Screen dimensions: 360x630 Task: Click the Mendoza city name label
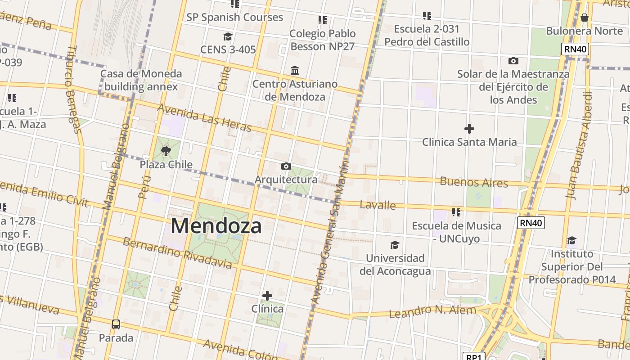216,226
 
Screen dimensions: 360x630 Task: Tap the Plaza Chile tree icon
166,151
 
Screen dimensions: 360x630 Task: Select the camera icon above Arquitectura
286,166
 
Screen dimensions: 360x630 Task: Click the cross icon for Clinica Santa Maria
469,129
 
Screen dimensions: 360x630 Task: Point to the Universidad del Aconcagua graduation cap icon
395,245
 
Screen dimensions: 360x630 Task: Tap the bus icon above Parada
116,324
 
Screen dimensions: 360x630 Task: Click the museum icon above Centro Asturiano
295,71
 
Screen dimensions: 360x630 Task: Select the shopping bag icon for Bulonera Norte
584,18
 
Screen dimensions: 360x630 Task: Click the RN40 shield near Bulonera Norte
575,49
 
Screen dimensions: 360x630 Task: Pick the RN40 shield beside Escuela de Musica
531,223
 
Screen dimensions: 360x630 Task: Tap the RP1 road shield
473,357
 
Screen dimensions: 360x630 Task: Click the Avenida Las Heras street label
204,118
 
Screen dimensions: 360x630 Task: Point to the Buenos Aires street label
474,182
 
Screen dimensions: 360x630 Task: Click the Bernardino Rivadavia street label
177,253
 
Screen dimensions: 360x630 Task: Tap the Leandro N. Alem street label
432,311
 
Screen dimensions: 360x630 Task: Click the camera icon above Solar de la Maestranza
513,61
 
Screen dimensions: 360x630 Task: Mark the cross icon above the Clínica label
267,296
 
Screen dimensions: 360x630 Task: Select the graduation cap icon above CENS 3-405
228,36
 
